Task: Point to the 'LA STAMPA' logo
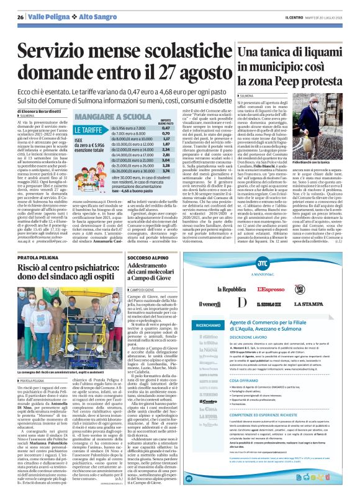click(x=322, y=305)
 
